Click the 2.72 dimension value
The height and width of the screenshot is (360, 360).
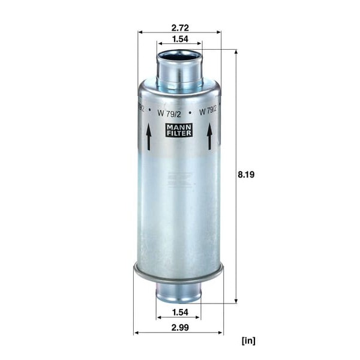pos(180,28)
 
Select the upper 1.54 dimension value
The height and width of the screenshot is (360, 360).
pos(180,39)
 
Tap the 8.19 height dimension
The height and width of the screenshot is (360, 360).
pos(246,175)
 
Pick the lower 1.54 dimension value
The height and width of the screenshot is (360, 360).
pos(180,312)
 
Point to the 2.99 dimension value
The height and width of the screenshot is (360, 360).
pos(180,328)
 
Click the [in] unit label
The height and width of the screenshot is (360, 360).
pos(248,340)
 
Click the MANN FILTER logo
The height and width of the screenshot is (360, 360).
pos(179,130)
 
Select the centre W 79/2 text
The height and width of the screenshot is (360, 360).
pos(169,113)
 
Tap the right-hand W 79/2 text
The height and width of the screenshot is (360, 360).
pos(208,112)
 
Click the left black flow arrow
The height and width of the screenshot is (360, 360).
pos(149,137)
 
